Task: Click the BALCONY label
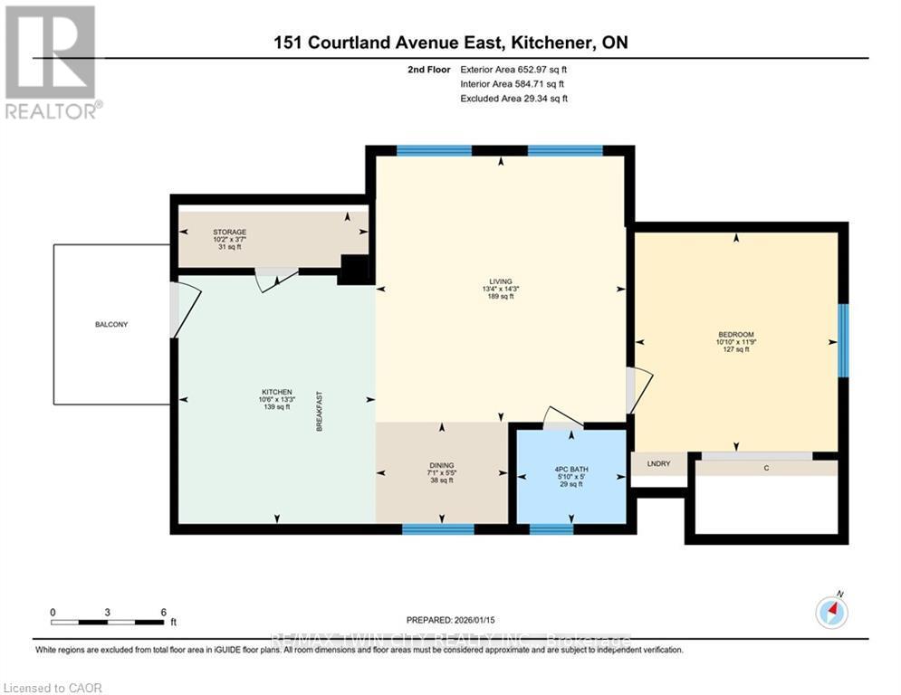(112, 324)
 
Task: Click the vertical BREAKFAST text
(320, 411)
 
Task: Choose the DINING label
(442, 465)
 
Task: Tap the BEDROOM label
(735, 335)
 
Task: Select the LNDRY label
(658, 463)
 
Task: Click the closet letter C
(767, 468)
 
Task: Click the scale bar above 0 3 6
(108, 623)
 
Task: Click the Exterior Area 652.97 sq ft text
(513, 69)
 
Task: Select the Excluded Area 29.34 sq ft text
(513, 98)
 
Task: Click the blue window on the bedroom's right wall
(843, 340)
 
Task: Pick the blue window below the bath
(551, 528)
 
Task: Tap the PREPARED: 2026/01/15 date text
(449, 620)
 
